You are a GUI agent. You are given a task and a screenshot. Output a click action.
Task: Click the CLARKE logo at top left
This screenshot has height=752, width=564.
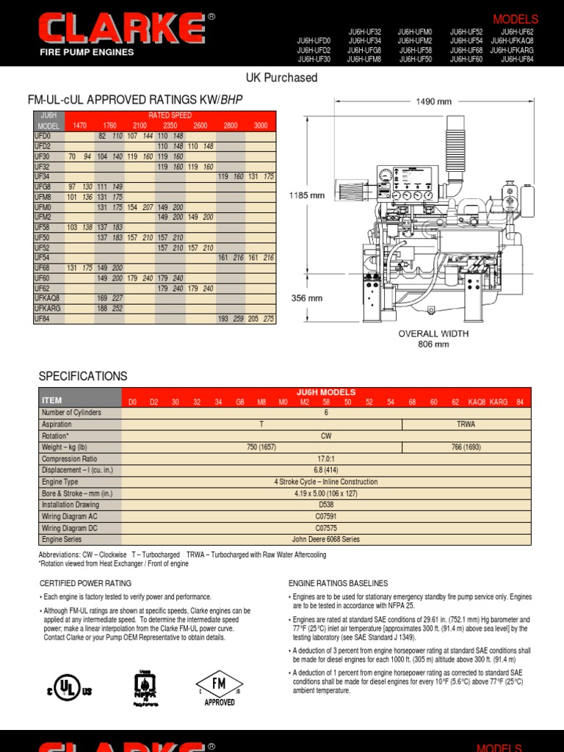122,30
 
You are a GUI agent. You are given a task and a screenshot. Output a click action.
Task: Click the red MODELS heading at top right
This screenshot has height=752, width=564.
516,19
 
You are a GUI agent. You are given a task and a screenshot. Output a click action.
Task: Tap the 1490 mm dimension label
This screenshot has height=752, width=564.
433,101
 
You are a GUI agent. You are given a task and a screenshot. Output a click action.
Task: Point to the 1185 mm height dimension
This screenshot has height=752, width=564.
307,196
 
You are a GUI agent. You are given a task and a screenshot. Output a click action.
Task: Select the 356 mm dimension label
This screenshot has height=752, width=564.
307,298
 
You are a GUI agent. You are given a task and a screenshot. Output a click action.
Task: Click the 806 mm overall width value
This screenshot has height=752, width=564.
433,344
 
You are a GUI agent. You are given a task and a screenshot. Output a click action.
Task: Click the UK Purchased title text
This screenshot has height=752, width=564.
281,78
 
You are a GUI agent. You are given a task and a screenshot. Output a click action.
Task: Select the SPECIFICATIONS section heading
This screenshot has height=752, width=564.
83,376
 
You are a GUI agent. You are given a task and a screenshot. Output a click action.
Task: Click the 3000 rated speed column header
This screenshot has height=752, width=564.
260,126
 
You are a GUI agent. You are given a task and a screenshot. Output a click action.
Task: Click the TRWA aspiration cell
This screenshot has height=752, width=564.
466,424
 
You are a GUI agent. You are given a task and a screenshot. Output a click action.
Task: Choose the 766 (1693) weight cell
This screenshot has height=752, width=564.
466,447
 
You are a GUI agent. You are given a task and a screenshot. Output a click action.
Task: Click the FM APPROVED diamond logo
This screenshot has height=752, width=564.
220,687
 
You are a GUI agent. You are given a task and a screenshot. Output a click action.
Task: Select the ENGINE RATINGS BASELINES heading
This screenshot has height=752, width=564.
338,583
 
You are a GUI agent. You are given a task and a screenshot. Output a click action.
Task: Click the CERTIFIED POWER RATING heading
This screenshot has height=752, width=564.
85,583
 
